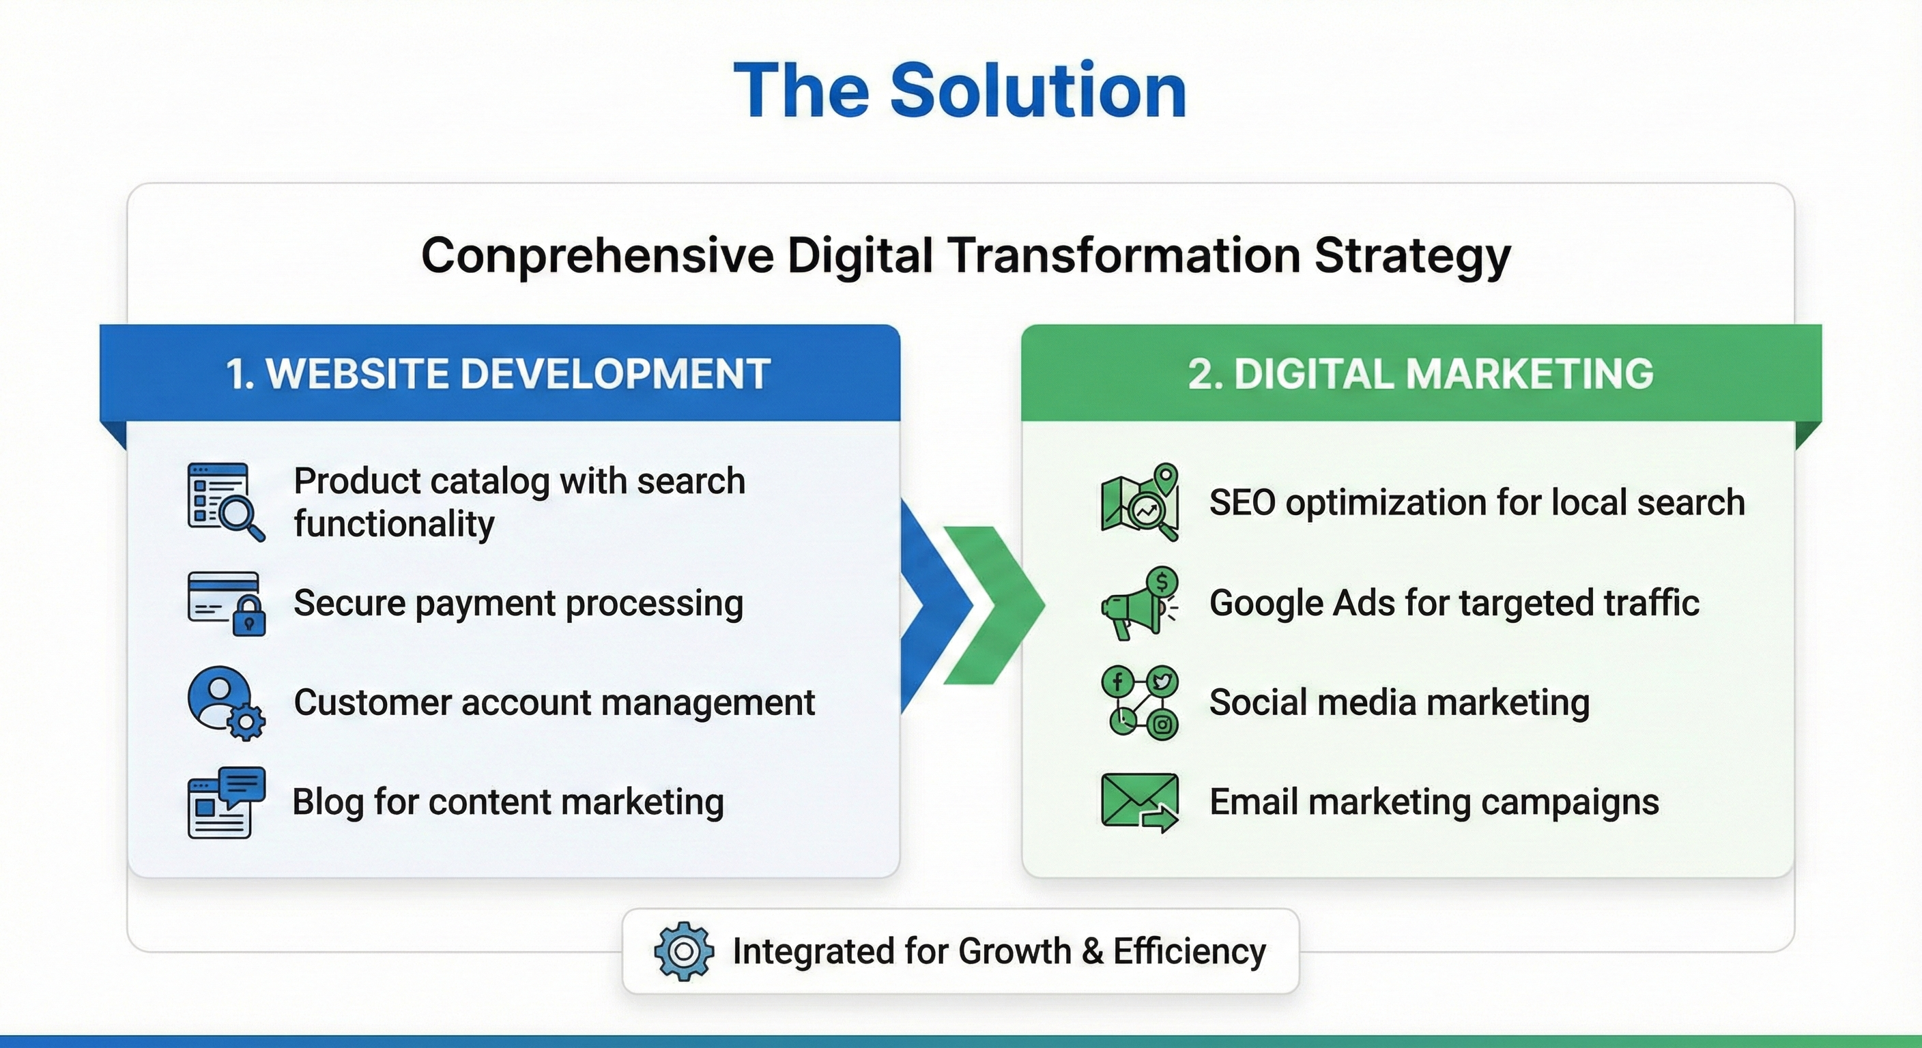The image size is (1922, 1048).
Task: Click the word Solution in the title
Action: coord(1038,90)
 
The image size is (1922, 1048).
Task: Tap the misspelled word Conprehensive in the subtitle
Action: coord(598,256)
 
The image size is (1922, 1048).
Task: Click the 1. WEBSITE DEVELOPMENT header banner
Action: coord(500,373)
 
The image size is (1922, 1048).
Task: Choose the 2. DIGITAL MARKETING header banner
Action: coord(1421,373)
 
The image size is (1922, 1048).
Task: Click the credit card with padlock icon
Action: coord(226,603)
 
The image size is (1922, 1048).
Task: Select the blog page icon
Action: coord(226,802)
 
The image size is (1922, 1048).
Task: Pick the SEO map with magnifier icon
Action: coord(1140,501)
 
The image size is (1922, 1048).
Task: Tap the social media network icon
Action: coord(1140,703)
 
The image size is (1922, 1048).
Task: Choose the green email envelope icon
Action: coord(1140,802)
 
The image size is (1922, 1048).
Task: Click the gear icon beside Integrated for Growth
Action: coord(683,951)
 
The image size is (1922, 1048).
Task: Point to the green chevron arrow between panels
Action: coord(994,605)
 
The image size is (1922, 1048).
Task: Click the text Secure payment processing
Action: coord(519,603)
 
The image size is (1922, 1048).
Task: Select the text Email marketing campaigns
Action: coord(1434,802)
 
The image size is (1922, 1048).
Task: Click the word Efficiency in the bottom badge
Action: coord(1190,952)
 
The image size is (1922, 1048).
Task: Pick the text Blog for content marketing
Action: coord(508,802)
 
